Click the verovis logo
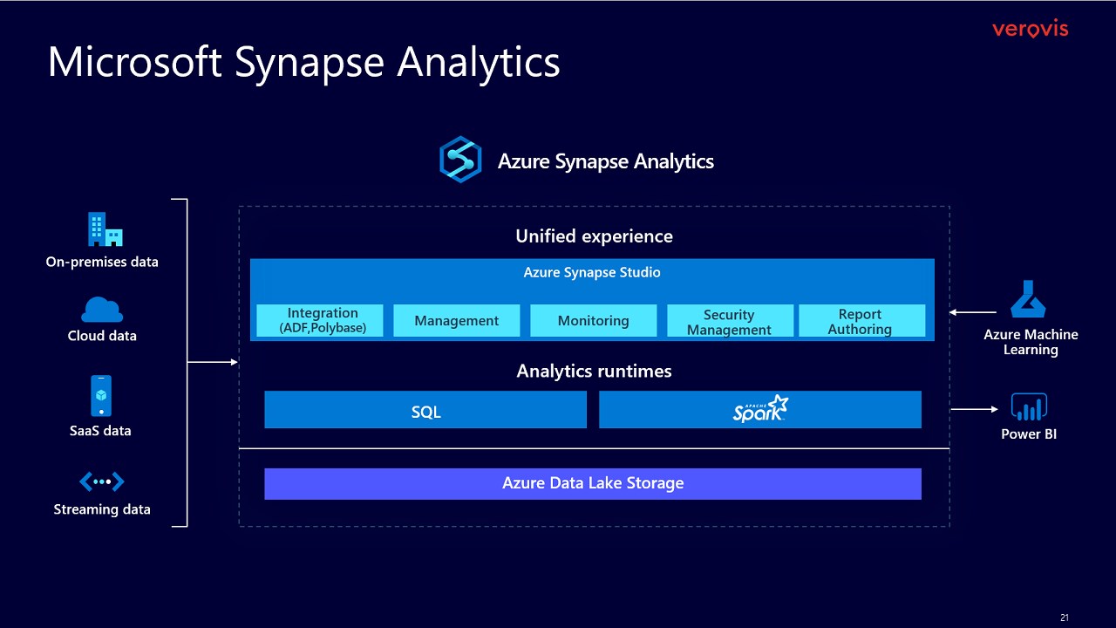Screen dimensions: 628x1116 (x=1030, y=30)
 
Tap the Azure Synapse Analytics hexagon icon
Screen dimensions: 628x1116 (x=460, y=160)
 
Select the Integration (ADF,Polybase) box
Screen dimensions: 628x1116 (x=320, y=320)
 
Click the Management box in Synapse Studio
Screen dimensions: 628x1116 (x=457, y=320)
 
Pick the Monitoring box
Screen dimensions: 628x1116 (x=593, y=320)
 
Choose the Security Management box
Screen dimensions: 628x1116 (x=730, y=320)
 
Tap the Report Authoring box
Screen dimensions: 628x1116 (x=861, y=320)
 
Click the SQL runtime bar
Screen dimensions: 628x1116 (x=425, y=410)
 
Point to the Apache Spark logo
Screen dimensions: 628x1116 (x=760, y=409)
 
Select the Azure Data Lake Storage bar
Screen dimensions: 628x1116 (x=593, y=483)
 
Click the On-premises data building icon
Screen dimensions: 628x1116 (x=105, y=229)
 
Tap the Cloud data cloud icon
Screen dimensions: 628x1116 (x=102, y=310)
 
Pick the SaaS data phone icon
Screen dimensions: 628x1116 (x=101, y=396)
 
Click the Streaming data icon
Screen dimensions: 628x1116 (x=102, y=481)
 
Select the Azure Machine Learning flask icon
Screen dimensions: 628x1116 (x=1028, y=299)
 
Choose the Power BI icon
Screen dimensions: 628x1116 (x=1029, y=407)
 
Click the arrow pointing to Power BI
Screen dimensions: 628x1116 (x=975, y=409)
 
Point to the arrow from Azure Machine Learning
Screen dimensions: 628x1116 (x=973, y=311)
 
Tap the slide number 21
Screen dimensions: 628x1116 (x=1064, y=618)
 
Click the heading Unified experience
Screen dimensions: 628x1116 (x=594, y=236)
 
